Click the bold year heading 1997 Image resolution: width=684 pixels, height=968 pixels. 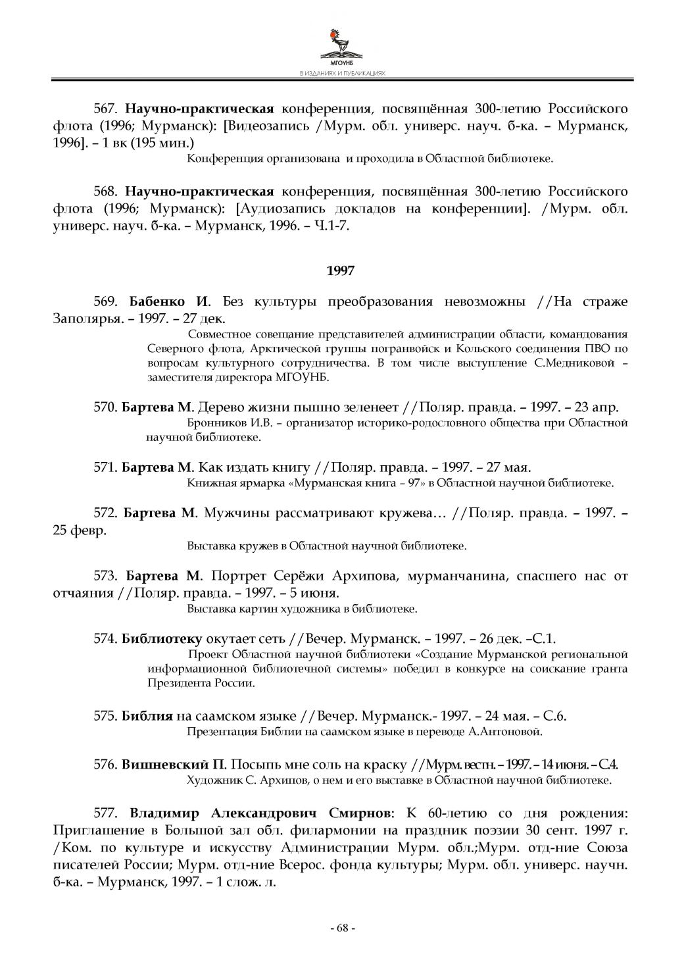pos(341,270)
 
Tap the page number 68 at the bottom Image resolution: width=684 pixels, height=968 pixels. pos(341,928)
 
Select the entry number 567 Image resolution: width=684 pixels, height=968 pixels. pos(105,109)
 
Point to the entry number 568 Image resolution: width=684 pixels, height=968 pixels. pos(105,192)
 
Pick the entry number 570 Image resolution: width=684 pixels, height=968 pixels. pos(105,407)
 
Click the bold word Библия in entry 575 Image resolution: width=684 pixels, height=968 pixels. pos(147,716)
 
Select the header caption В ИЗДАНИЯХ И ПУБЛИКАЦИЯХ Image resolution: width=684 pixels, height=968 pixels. pos(341,74)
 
